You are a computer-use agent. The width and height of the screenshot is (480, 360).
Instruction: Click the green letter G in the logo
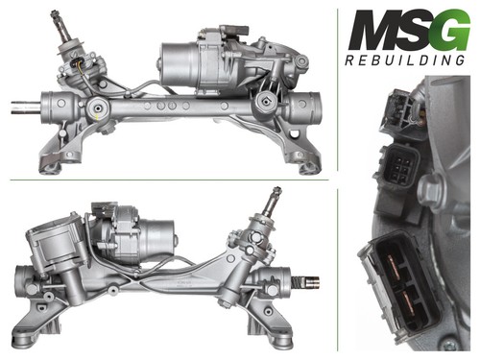coord(451,31)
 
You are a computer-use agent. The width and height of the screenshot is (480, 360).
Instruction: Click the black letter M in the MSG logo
coord(373,30)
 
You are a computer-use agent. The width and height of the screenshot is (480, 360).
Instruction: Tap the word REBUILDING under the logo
coord(405,60)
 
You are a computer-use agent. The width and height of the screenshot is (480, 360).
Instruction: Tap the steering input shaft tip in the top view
coord(55,14)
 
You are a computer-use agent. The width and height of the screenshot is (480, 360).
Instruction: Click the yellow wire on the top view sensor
coord(81,68)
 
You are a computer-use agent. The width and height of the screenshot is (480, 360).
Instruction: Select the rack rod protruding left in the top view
coord(26,108)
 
